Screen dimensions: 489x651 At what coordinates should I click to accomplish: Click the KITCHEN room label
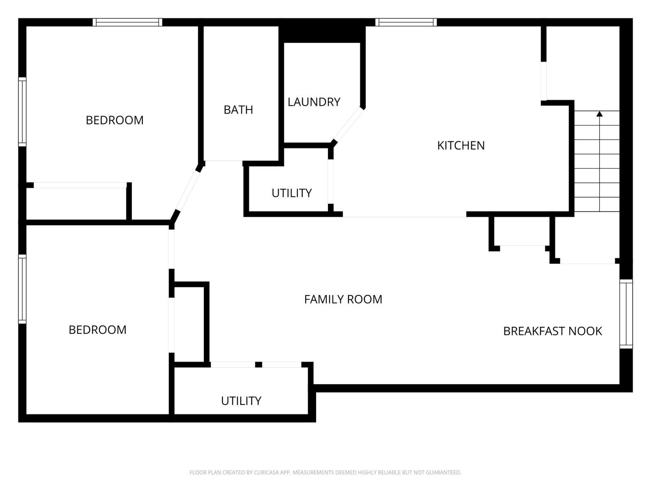461,145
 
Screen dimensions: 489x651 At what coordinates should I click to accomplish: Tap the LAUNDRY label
314,102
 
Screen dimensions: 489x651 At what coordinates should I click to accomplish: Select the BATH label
238,110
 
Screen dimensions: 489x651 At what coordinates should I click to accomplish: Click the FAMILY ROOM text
343,300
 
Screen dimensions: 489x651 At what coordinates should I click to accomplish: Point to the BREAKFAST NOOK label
552,331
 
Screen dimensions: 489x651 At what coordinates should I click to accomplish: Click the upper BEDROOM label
114,120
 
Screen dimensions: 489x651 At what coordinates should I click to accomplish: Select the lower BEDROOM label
97,330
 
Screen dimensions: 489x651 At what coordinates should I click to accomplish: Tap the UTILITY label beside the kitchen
291,193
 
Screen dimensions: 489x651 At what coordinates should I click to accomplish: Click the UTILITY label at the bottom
241,401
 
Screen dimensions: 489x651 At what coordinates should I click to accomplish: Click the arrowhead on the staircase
599,114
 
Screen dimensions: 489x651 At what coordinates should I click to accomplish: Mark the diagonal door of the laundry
348,124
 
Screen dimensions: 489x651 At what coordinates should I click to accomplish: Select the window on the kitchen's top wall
406,22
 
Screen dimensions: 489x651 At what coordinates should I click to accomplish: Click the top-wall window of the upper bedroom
127,22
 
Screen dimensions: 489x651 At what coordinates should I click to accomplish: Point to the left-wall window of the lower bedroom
22,289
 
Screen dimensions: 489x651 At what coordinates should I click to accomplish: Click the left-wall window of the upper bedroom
22,112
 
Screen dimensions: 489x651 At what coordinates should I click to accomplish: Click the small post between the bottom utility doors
258,364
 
